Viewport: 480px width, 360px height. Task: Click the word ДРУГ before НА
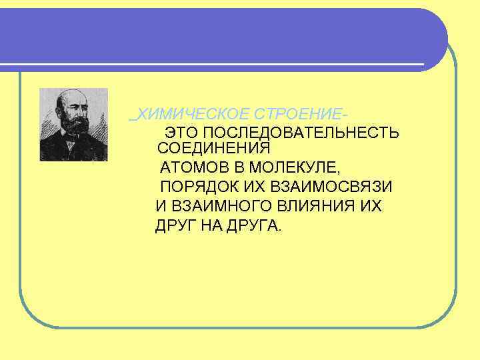[x=175, y=225]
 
